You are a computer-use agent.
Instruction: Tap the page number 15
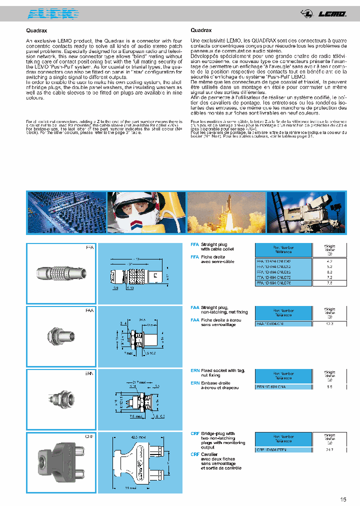point(342,499)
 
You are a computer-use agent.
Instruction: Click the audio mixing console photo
point(66,212)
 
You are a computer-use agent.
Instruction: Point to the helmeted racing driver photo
point(146,212)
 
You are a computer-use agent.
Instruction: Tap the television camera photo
point(305,212)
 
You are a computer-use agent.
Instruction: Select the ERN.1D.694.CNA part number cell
point(283,386)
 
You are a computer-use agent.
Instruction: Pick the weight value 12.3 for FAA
point(329,324)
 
